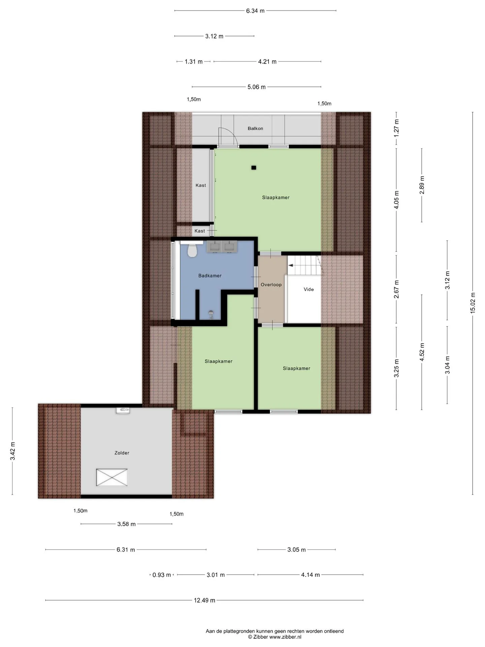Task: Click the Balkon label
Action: click(255, 128)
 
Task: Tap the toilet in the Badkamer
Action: click(192, 251)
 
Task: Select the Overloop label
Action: click(271, 285)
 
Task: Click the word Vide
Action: click(309, 289)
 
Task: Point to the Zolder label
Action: click(122, 453)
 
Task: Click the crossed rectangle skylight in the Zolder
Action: click(112, 477)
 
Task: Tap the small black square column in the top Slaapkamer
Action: click(254, 167)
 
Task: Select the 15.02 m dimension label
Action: click(473, 303)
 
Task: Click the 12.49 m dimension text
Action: click(204, 600)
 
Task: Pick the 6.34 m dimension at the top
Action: click(255, 11)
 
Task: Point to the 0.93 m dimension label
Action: click(162, 575)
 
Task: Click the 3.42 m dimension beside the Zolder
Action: click(12, 451)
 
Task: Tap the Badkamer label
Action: click(210, 276)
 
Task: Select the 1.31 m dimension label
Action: click(194, 62)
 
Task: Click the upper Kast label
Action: click(201, 185)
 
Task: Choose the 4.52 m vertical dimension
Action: click(422, 352)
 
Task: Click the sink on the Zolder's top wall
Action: click(123, 410)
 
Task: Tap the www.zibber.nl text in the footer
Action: click(285, 637)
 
